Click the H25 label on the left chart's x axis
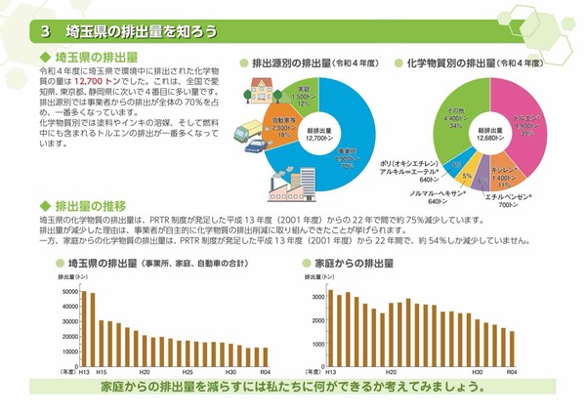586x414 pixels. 187,373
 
